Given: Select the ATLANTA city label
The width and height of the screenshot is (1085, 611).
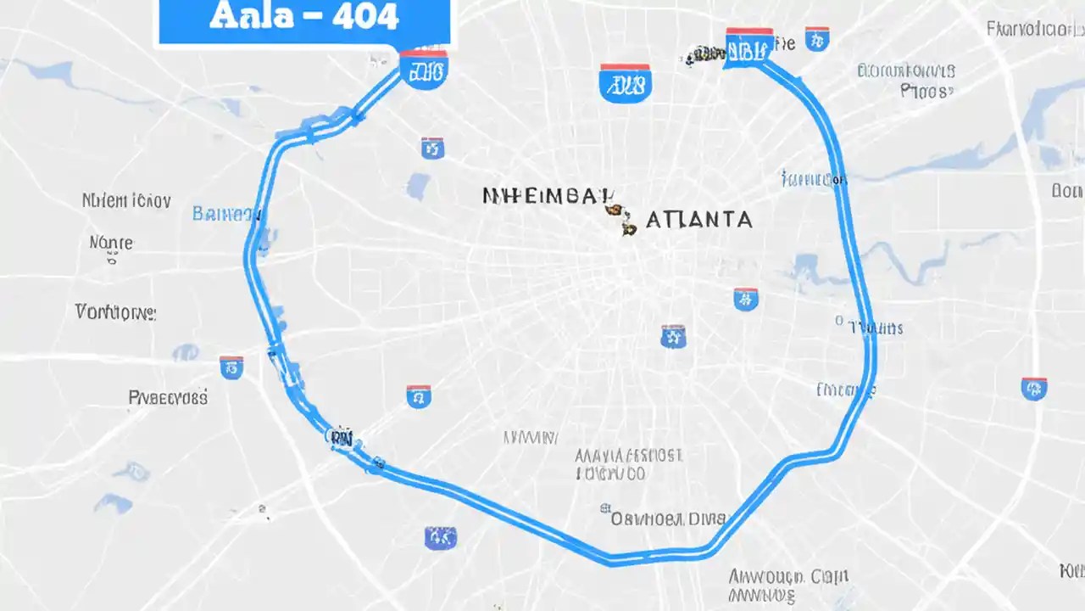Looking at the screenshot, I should point(698,220).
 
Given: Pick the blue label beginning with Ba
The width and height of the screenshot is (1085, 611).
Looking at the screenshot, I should point(226,213).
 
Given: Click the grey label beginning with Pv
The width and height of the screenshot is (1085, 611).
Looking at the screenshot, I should point(168,396).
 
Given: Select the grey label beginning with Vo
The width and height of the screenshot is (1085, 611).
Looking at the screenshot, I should point(115,312).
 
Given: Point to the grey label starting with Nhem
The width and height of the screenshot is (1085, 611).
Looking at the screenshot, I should point(126,201).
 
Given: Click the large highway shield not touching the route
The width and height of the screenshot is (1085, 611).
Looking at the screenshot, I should point(625,83).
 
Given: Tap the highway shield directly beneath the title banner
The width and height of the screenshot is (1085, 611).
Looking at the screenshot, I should point(422,70).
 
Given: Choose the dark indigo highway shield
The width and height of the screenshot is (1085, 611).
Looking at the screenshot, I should point(440,536).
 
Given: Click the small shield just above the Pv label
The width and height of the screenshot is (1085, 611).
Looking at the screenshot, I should point(231,367).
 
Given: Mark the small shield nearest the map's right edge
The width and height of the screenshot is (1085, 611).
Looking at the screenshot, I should point(1034,388).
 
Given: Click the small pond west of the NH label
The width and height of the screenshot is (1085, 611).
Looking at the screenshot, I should point(418,185).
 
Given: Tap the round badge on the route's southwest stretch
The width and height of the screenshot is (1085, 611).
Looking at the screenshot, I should point(339,437).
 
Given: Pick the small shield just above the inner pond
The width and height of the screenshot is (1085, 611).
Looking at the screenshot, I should point(432,148).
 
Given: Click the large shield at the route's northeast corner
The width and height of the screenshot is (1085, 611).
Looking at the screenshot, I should point(749,47).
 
